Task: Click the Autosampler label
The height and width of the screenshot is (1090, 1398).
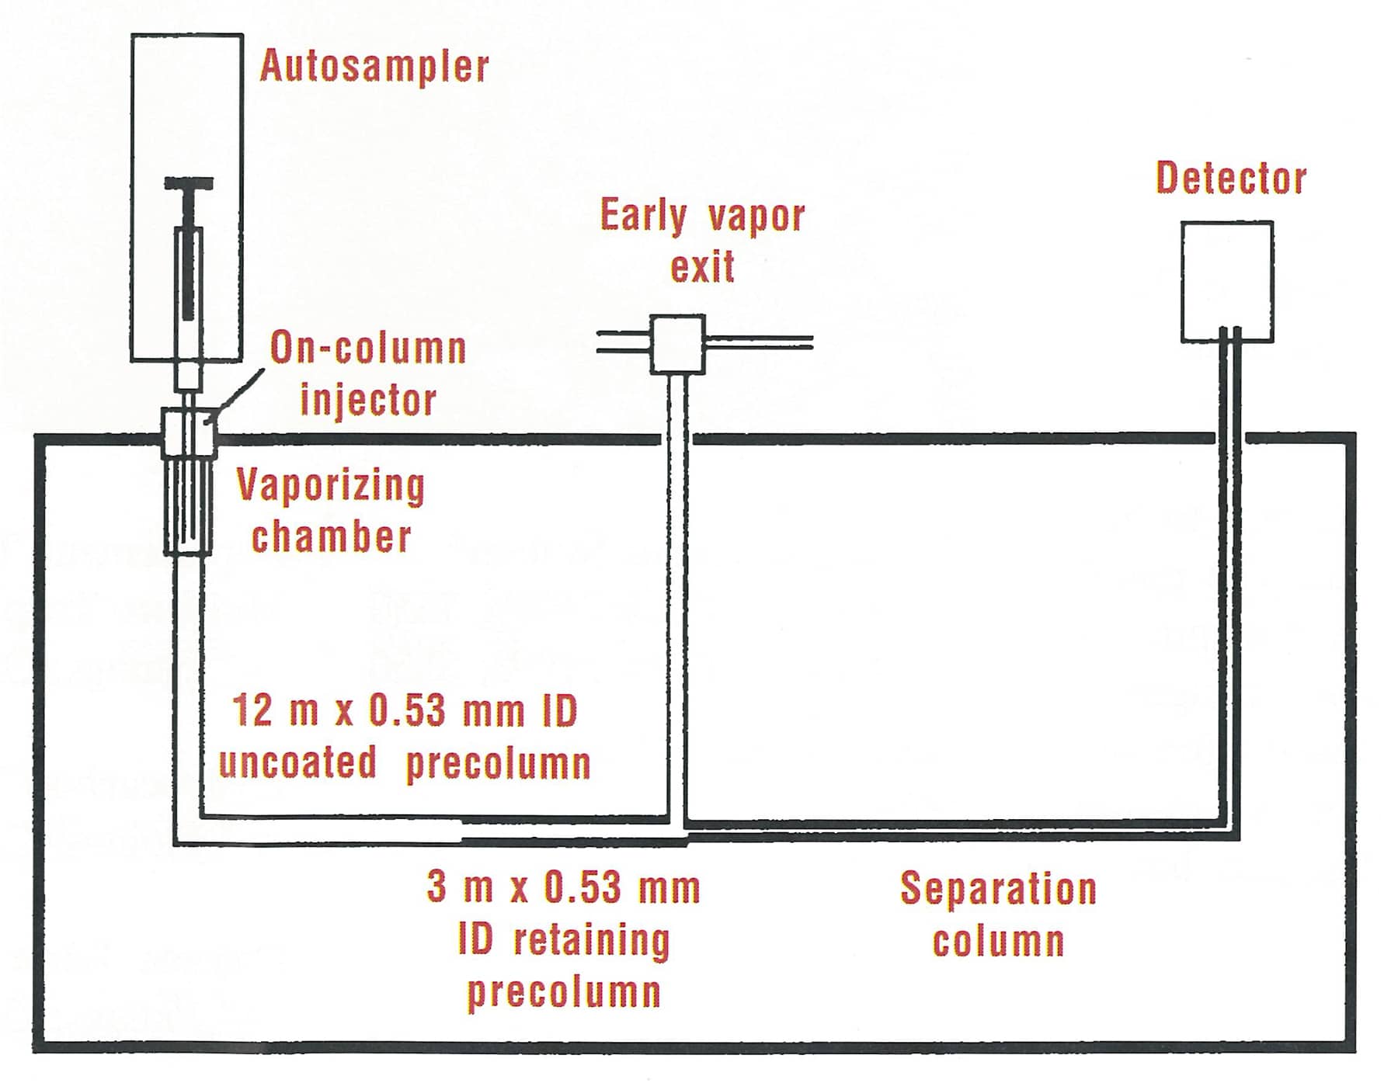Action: click(374, 66)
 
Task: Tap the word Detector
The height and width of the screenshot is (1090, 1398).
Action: click(1230, 179)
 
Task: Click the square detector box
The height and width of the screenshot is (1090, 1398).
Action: click(1226, 281)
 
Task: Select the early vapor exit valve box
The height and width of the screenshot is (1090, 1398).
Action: click(677, 344)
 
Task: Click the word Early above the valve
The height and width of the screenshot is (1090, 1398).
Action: click(644, 217)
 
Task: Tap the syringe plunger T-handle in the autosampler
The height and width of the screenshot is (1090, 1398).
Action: click(189, 185)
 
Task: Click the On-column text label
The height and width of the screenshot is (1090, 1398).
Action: click(367, 349)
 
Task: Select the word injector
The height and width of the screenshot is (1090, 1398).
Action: click(368, 400)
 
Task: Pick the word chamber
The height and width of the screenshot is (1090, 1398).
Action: click(331, 537)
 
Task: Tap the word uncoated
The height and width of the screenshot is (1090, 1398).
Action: click(297, 762)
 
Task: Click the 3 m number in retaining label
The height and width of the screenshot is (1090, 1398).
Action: click(458, 887)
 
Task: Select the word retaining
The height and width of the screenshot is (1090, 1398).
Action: click(591, 940)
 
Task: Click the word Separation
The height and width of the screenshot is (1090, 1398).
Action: click(998, 889)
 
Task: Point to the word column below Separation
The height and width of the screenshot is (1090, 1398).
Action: click(998, 941)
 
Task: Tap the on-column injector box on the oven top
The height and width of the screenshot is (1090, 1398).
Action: click(187, 432)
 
